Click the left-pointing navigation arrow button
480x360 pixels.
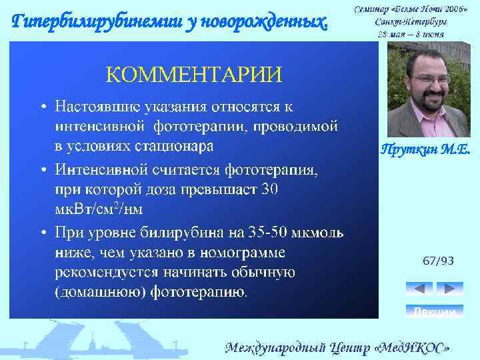click(x=419, y=289)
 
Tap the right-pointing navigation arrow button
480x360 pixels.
click(x=449, y=289)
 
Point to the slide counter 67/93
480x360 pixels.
click(x=438, y=261)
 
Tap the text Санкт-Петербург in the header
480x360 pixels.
click(x=411, y=21)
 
